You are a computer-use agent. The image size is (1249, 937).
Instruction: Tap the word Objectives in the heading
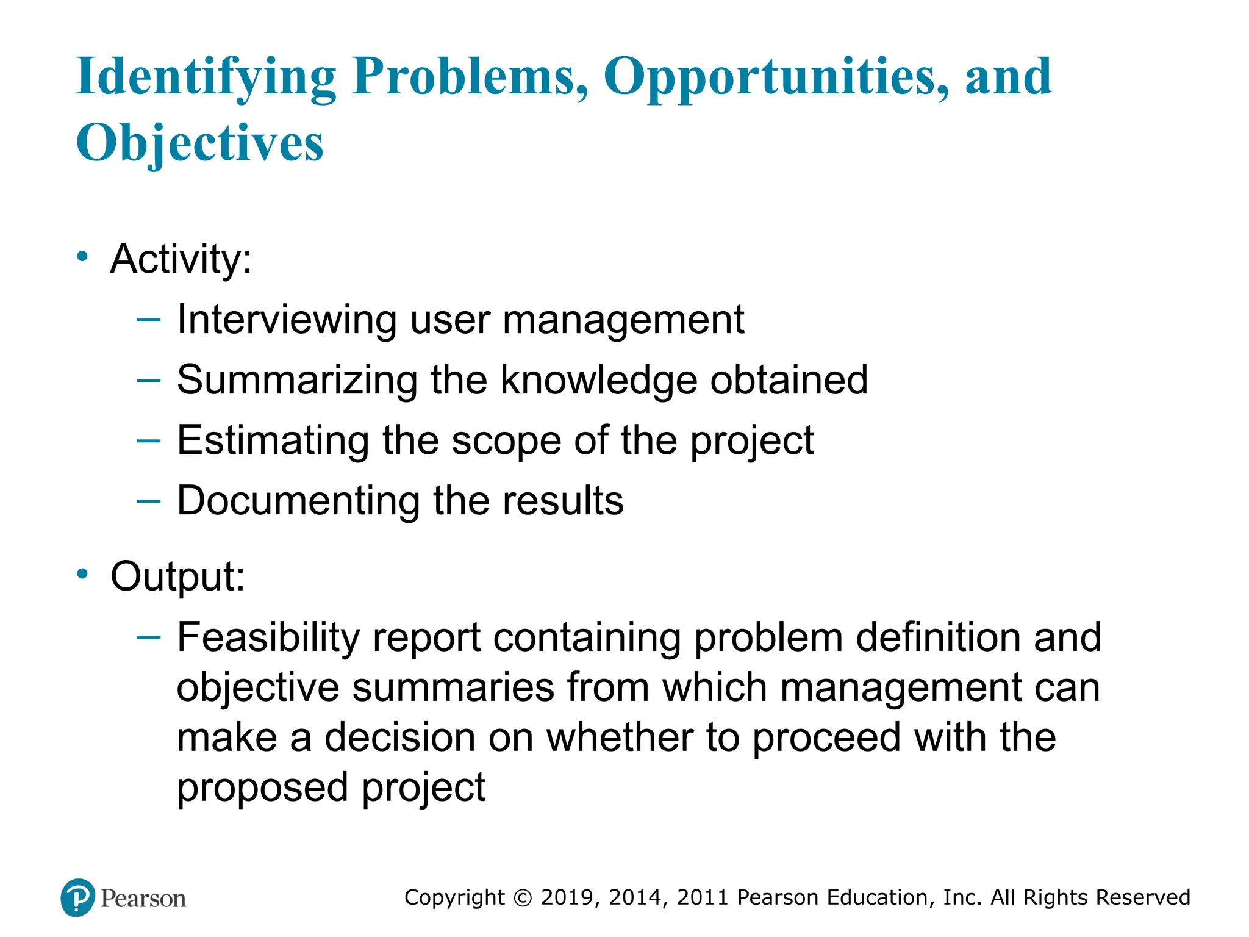point(199,144)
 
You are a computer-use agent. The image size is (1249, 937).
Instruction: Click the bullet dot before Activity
point(82,256)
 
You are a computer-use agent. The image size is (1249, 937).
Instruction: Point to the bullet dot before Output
point(82,574)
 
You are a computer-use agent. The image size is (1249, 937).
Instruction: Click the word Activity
point(181,259)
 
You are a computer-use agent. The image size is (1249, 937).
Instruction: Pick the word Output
point(177,576)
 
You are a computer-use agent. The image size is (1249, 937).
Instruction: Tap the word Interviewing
point(287,320)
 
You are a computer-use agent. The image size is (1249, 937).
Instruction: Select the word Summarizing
point(297,380)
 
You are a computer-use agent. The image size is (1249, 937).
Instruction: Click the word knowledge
point(598,380)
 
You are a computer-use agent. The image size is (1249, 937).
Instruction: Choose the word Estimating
point(273,440)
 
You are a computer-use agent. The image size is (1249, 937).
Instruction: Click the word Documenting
point(298,501)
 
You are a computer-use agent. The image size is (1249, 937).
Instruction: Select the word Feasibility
point(268,637)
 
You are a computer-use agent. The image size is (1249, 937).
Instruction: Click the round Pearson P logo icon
point(78,898)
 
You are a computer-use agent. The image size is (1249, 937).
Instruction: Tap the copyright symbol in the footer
point(523,898)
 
